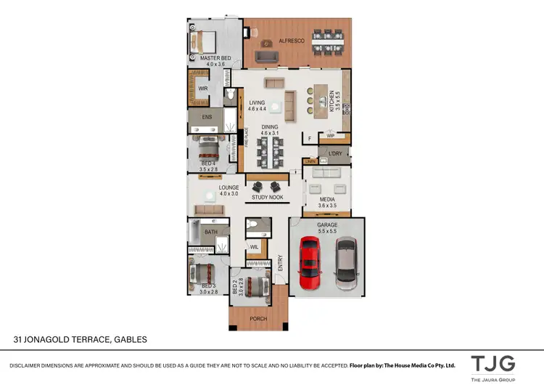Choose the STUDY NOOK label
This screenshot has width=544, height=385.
click(x=267, y=197)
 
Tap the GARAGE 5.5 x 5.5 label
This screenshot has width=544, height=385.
click(x=327, y=228)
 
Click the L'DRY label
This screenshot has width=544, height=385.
click(x=334, y=154)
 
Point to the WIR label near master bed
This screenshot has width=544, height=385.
click(x=202, y=90)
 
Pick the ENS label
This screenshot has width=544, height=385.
click(x=207, y=116)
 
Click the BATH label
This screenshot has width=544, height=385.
click(x=210, y=232)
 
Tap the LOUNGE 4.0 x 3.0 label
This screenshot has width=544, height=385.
click(x=229, y=190)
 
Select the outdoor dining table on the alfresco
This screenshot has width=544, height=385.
click(x=329, y=41)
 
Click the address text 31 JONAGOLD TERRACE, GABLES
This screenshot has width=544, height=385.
click(x=81, y=339)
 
